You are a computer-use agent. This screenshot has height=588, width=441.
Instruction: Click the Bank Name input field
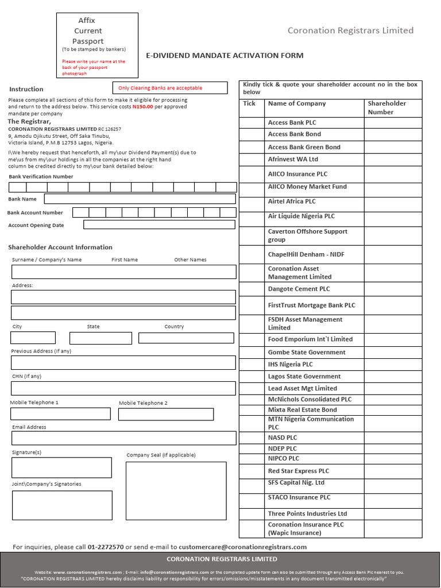click(x=140, y=199)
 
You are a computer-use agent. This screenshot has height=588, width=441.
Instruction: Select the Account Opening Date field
click(x=159, y=225)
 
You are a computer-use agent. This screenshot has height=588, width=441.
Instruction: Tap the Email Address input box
click(x=123, y=438)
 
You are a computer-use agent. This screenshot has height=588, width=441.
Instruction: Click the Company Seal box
click(x=176, y=490)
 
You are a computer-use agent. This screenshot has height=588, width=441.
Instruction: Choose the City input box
click(x=33, y=338)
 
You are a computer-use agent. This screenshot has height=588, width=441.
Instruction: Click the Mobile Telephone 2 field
click(x=166, y=414)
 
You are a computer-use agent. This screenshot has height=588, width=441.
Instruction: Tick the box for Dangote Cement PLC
click(x=250, y=289)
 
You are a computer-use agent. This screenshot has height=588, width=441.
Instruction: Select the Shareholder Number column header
click(x=386, y=107)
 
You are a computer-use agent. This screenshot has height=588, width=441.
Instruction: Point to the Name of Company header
click(x=297, y=103)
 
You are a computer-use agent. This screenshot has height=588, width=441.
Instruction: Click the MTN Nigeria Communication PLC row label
click(x=311, y=423)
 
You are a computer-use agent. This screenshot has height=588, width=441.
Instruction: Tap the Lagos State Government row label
click(x=304, y=377)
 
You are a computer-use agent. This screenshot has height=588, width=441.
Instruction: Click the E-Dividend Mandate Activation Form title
click(x=225, y=56)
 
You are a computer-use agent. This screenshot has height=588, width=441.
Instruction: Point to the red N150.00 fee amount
click(x=142, y=107)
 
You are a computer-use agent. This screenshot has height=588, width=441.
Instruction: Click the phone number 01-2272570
click(x=106, y=547)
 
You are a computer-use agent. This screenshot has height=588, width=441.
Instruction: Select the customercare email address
click(x=242, y=547)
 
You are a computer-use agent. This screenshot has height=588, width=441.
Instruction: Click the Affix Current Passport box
click(x=97, y=45)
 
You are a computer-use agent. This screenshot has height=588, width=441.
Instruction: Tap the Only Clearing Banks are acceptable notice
click(x=160, y=88)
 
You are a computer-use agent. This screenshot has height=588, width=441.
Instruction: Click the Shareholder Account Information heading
click(x=60, y=247)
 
